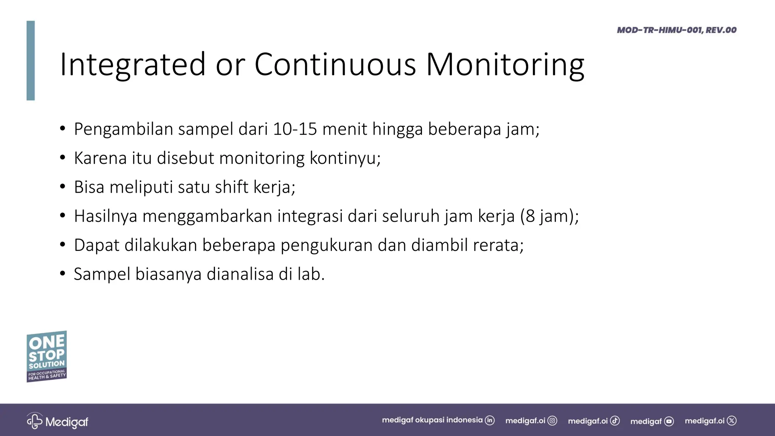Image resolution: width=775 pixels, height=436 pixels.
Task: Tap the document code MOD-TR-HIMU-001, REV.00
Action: pos(677,30)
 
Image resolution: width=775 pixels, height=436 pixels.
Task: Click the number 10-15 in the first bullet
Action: pos(294,129)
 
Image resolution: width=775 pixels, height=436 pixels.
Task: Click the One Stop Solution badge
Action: pos(47,356)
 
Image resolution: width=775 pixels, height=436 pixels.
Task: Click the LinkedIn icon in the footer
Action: pos(490,420)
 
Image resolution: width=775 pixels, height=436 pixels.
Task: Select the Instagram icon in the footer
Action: pos(552,421)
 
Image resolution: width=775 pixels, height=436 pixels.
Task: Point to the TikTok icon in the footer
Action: pos(615,421)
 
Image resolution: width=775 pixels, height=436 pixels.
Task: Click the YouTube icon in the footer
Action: pos(669,421)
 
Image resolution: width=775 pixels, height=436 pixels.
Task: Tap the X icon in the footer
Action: pos(732,421)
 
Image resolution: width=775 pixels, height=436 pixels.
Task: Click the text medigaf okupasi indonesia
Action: pos(432,420)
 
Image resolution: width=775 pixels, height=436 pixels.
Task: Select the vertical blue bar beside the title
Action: pos(31,61)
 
